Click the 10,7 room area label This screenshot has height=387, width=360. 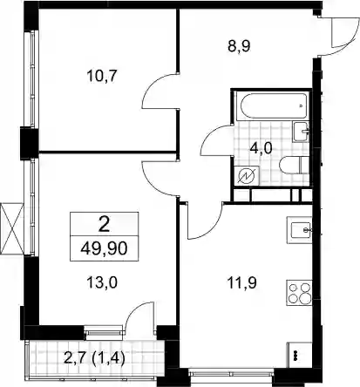click(101, 77)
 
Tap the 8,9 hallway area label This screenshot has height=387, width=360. click(239, 46)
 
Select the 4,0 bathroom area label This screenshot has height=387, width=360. click(261, 148)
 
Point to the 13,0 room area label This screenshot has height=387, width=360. click(102, 282)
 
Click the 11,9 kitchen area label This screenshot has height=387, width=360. click(242, 283)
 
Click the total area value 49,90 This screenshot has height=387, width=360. click(105, 248)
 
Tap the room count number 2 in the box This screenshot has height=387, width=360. click(105, 225)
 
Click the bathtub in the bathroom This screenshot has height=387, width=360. click(272, 105)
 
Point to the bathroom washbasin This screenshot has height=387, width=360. click(301, 132)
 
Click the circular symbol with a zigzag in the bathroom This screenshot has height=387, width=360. click(247, 176)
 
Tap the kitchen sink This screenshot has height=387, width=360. click(299, 230)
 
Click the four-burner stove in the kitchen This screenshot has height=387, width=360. click(299, 293)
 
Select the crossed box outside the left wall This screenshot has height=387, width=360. click(11, 228)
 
